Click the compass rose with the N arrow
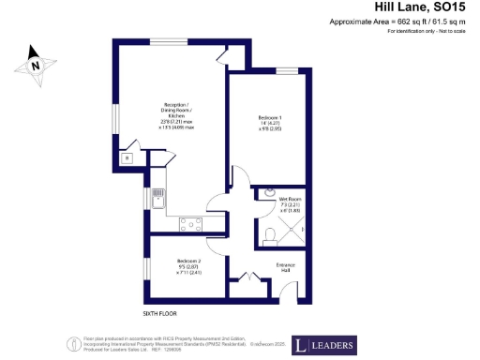(x=36, y=66)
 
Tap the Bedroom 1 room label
(x=270, y=122)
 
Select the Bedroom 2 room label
(x=188, y=268)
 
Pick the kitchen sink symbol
(x=158, y=198)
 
